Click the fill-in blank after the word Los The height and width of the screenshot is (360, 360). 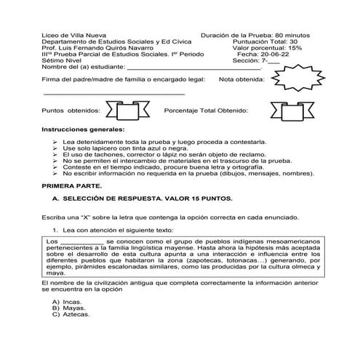(81, 241)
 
